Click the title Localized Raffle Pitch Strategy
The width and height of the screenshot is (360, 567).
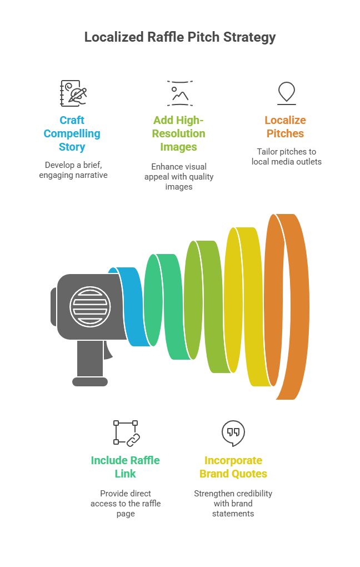coord(179,37)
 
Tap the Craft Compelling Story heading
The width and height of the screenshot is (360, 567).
coord(72,133)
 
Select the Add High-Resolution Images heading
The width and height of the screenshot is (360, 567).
coord(178,133)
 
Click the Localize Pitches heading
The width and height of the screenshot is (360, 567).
coord(286,127)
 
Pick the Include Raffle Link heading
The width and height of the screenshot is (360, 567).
coord(125,467)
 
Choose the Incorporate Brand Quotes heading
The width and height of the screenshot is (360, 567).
coord(233,467)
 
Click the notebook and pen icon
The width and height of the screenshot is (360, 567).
coord(73,93)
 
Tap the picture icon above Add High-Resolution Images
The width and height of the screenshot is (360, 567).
coord(179,93)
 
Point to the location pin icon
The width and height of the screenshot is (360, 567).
coord(286,92)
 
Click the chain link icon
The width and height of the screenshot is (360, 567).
coord(127,433)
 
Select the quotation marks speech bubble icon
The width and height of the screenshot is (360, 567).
coord(233,433)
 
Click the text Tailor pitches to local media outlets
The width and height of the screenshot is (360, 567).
coord(286,157)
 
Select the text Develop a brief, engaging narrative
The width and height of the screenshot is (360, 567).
coord(72,170)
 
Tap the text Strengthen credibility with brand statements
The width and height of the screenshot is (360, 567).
coord(233,503)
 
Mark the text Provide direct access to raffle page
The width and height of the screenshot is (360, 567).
coord(126,503)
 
